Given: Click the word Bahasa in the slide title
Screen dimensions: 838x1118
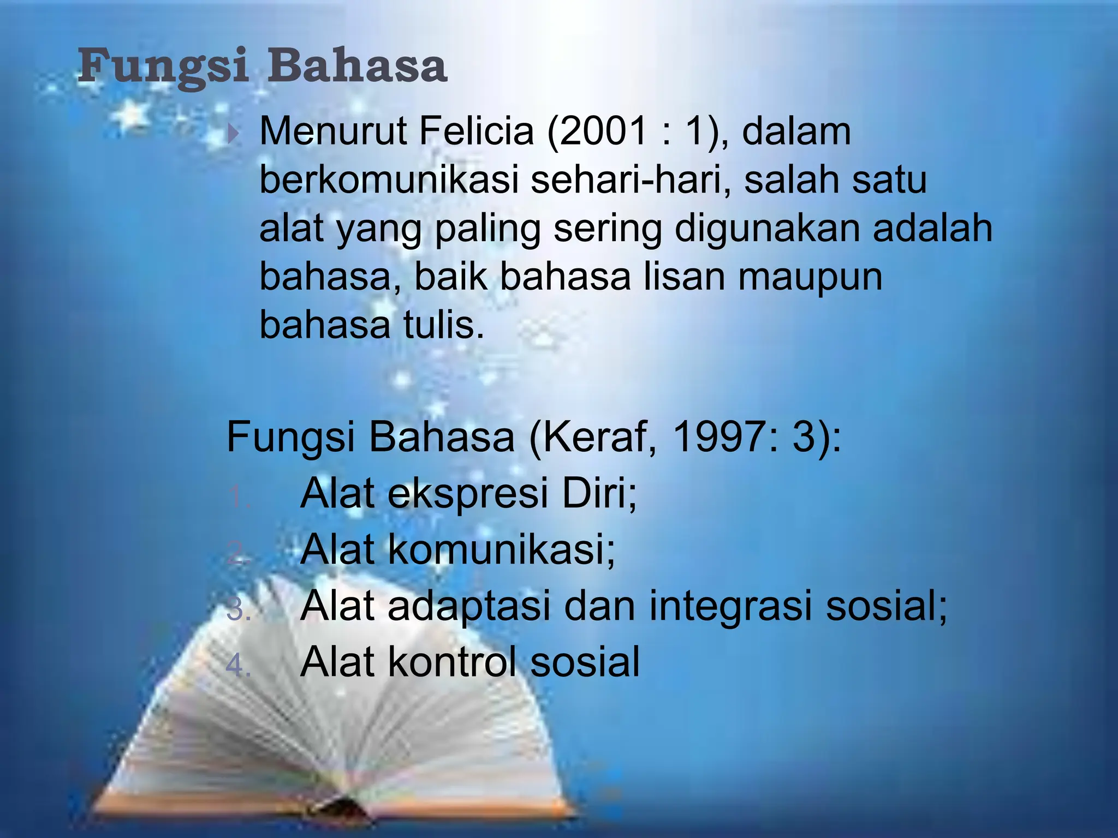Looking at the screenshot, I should coord(357,67).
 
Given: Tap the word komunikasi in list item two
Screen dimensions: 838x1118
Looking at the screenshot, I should coord(501,549).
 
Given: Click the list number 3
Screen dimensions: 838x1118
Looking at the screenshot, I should coord(237,610).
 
